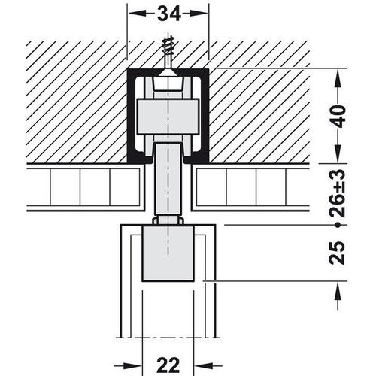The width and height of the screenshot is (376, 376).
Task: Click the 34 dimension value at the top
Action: coord(167,13)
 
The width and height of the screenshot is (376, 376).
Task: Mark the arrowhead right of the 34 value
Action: coord(201,13)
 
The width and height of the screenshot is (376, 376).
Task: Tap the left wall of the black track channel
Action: coord(131,117)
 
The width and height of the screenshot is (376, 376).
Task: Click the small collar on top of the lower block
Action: coord(167,220)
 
